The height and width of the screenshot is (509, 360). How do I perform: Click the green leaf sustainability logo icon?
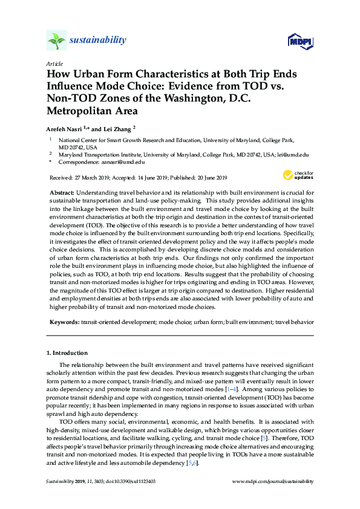click(56, 41)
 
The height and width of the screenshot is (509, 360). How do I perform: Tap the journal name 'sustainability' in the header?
click(98, 41)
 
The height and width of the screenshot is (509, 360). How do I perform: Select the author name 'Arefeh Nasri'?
click(64, 128)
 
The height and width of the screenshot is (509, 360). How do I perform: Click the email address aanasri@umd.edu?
click(123, 162)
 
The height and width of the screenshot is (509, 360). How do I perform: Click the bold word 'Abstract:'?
click(62, 192)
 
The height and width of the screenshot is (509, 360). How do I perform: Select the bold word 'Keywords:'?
click(64, 323)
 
